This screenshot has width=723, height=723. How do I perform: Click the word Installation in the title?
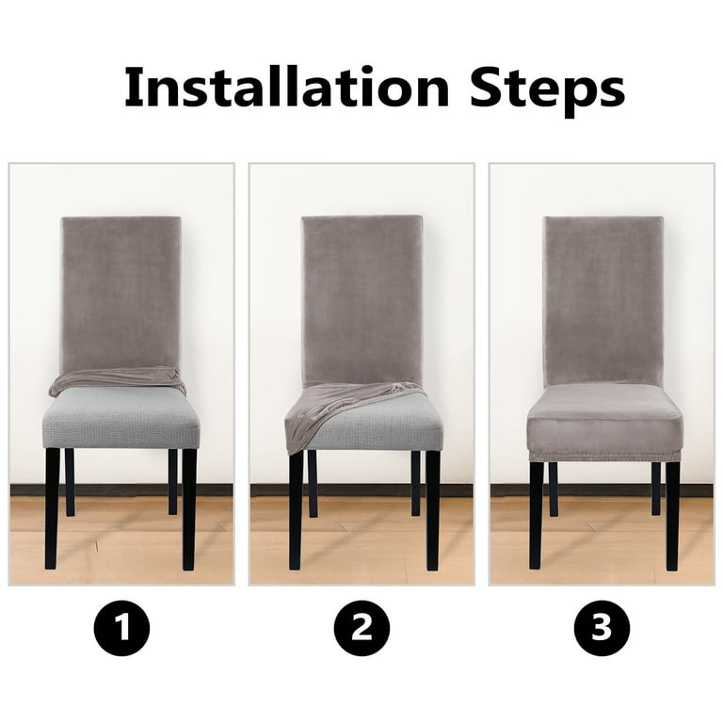(x=287, y=87)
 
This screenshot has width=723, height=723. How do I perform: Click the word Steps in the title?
(x=547, y=90)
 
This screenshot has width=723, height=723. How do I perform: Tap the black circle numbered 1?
(x=121, y=628)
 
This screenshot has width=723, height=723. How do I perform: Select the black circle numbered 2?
(x=361, y=628)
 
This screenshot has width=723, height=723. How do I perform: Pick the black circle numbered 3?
(x=602, y=628)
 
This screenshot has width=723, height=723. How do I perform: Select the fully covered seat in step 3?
(x=604, y=417)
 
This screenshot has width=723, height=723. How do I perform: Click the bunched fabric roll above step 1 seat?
(x=118, y=379)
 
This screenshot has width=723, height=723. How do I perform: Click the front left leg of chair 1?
(x=52, y=508)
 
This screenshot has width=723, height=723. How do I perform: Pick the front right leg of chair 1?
(x=189, y=509)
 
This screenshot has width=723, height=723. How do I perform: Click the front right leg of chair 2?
(x=432, y=510)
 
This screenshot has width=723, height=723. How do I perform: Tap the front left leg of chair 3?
(x=537, y=516)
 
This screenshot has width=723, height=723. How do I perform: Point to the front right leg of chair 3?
(x=673, y=516)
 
